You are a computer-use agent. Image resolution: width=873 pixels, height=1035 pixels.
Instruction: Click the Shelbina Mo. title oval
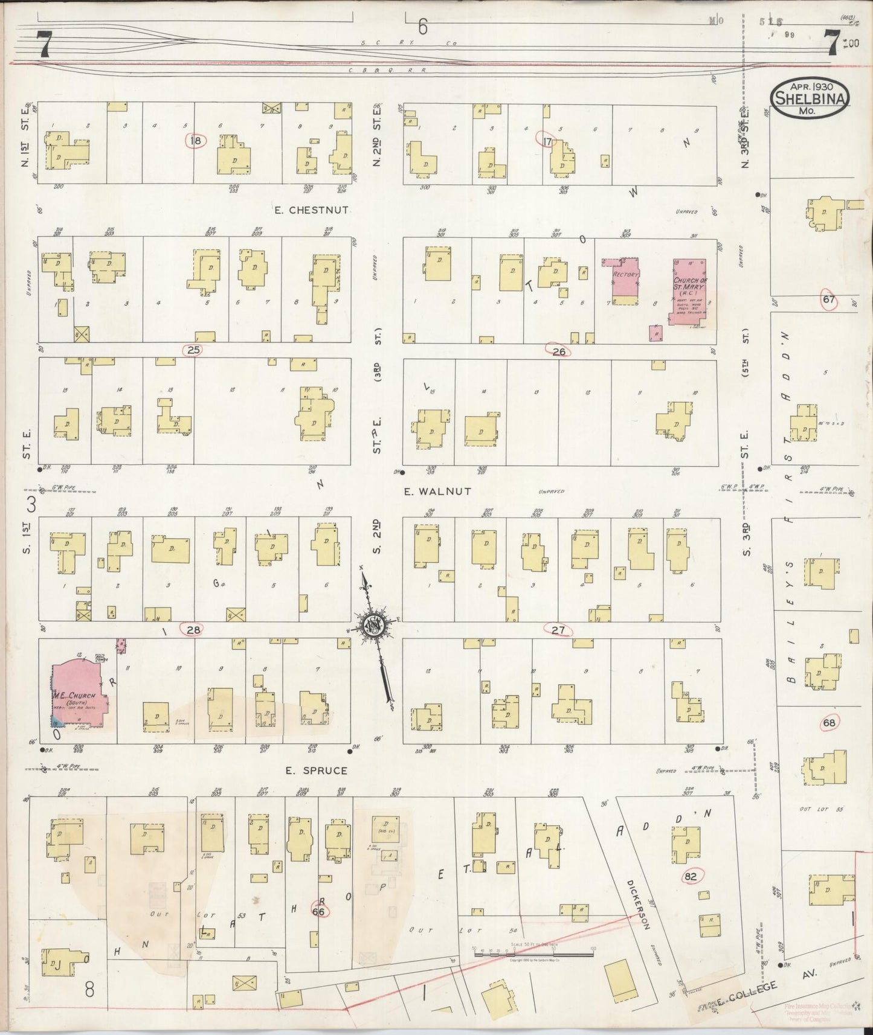coord(810,98)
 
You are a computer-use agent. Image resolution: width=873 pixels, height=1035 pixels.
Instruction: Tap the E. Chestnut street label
coord(311,210)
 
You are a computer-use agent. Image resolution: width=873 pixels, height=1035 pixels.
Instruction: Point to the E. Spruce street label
coord(317,771)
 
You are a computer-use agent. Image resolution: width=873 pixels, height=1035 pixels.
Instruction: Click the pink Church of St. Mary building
coord(688,292)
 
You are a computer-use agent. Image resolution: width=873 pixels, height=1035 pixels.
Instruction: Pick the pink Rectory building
coord(626,280)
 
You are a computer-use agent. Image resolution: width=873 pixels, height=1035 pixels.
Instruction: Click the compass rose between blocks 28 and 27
coord(375,626)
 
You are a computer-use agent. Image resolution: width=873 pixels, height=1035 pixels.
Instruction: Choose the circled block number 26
coord(558,350)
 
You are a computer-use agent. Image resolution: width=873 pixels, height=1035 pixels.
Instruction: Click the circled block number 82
coord(691,876)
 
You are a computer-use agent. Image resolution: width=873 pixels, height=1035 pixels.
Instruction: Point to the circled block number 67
coord(828,299)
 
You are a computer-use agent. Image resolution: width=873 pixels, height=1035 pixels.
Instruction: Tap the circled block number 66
coord(318,911)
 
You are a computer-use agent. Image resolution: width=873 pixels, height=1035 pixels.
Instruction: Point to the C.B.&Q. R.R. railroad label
coord(387,70)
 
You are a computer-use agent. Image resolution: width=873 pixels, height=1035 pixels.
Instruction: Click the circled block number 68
coord(829,722)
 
